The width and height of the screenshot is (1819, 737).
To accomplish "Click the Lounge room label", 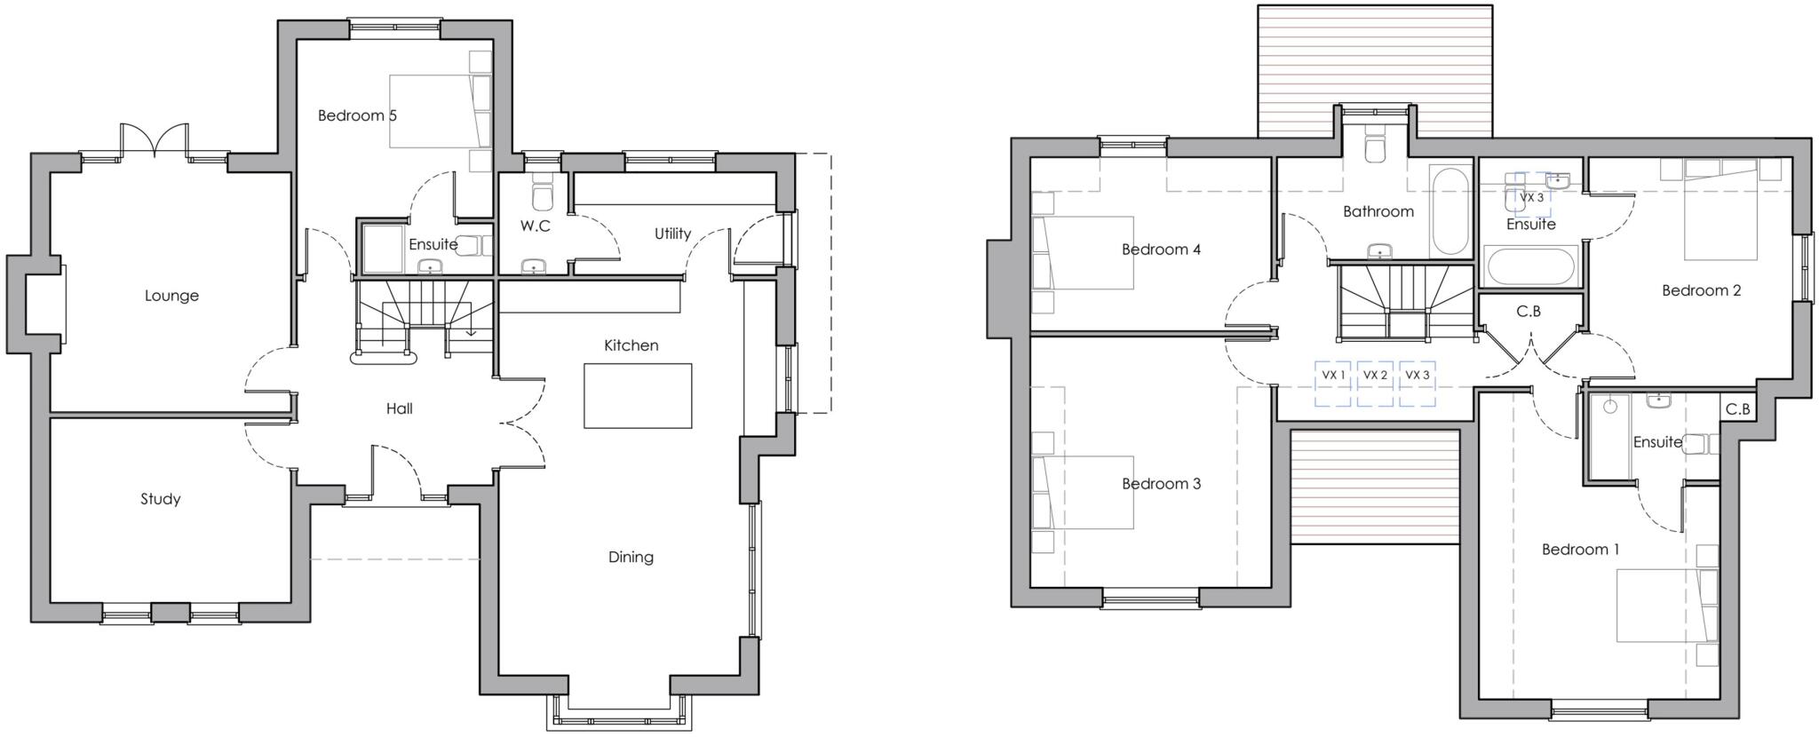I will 171,296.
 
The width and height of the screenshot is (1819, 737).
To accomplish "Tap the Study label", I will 161,499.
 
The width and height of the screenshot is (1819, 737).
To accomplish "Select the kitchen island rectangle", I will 638,396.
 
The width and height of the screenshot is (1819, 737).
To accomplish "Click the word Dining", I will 631,558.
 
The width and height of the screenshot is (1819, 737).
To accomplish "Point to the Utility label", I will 672,234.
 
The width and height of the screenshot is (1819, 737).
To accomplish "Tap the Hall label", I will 399,408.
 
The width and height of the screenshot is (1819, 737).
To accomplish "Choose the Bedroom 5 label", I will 357,115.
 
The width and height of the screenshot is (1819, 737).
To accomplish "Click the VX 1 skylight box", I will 1333,384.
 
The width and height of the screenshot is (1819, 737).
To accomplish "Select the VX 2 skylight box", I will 1375,384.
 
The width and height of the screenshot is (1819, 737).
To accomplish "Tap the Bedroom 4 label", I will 1161,250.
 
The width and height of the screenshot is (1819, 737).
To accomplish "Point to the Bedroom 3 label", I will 1161,484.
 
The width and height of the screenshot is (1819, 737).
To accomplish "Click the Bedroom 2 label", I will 1701,290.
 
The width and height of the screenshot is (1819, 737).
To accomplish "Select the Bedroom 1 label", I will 1580,550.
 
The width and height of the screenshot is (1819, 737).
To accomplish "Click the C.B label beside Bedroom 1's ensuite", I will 1738,409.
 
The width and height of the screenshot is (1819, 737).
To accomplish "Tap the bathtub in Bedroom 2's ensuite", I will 1529,266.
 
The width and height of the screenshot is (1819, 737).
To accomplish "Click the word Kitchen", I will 631,345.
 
